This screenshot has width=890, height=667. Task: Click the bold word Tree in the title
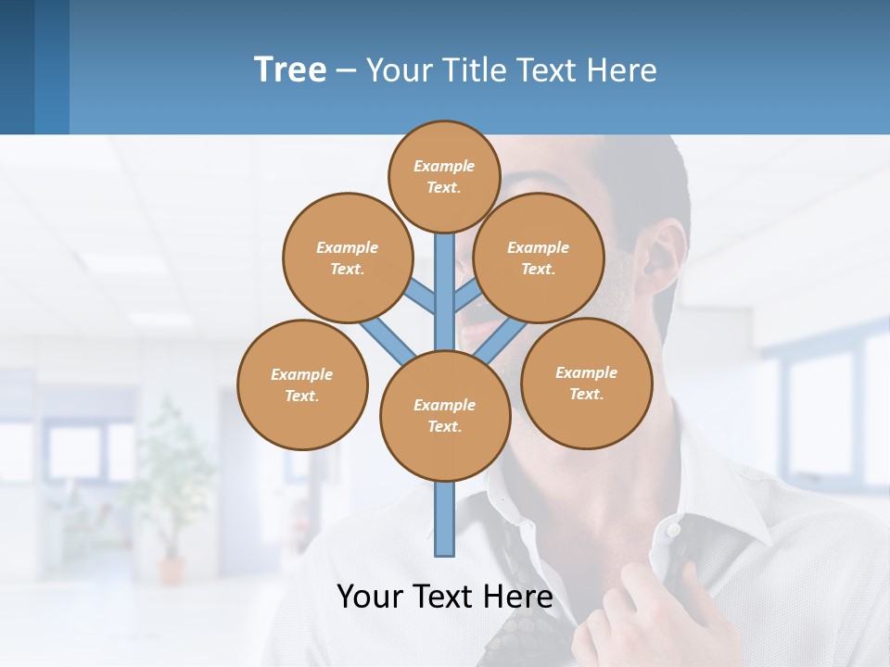tap(290, 70)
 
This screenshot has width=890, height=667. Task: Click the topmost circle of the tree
tap(444, 176)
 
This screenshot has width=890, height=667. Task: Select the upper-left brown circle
tap(347, 258)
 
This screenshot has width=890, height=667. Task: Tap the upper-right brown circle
tap(539, 258)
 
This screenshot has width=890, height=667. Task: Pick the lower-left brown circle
tap(302, 384)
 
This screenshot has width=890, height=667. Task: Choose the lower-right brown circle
tap(587, 383)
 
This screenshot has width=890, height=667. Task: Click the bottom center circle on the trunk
tap(445, 416)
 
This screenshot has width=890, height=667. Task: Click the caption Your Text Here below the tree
tap(444, 597)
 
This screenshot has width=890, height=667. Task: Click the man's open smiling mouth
tap(487, 324)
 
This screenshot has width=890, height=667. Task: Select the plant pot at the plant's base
tap(172, 569)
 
